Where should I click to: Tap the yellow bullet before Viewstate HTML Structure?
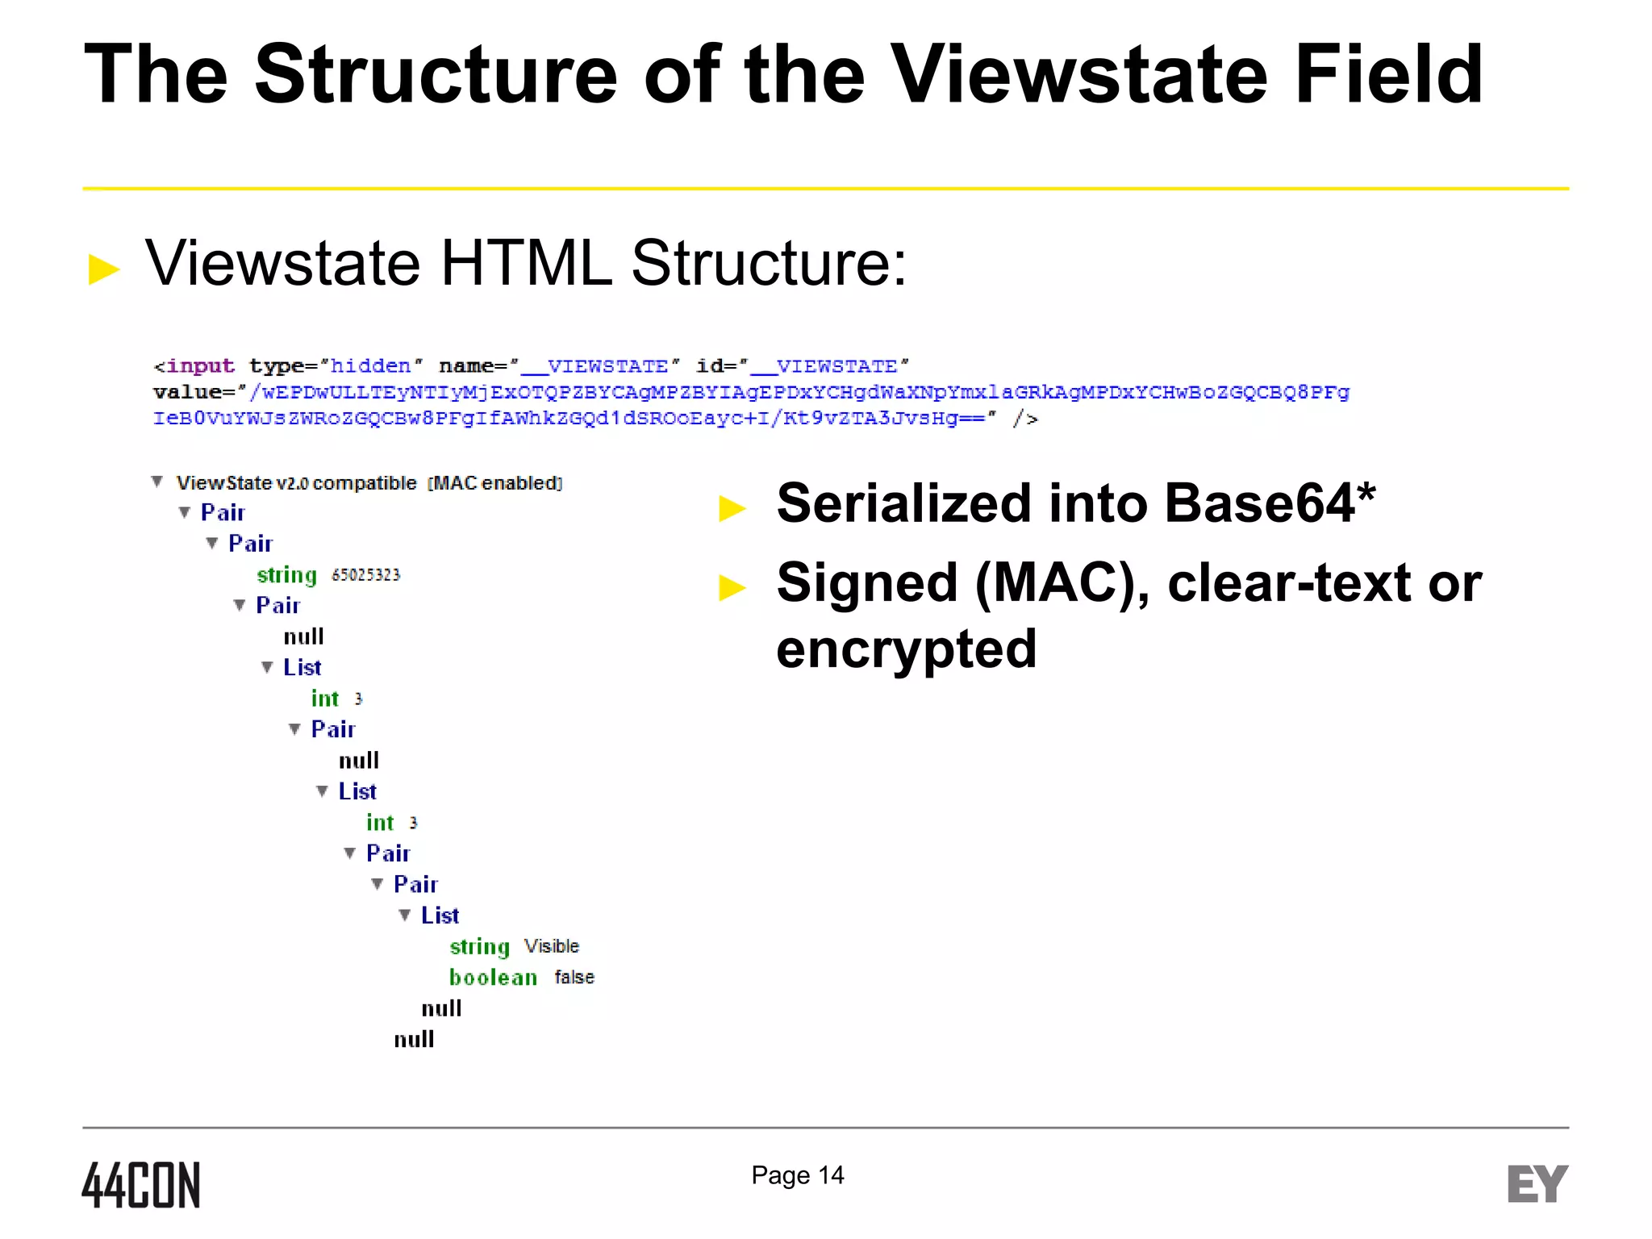103,269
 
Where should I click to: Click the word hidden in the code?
370,366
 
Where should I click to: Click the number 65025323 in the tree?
365,575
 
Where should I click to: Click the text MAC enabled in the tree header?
496,483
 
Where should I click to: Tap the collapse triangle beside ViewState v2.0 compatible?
157,482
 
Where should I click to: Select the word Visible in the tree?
552,946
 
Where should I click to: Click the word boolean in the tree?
493,978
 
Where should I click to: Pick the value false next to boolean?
574,978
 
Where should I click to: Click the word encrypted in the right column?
906,649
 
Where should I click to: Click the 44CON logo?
141,1185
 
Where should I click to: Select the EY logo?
1537,1184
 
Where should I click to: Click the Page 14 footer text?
797,1175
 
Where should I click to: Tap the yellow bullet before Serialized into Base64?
732,508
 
